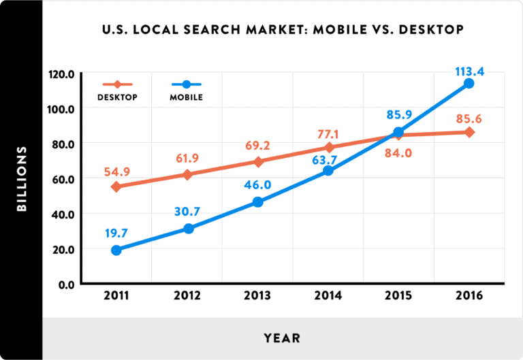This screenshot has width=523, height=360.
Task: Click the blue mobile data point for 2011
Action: (116, 250)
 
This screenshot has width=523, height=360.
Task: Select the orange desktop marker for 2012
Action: (187, 175)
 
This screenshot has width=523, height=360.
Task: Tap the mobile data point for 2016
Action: (469, 83)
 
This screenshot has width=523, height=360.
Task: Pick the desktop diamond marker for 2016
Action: (469, 131)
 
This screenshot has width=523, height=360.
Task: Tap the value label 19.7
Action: (116, 233)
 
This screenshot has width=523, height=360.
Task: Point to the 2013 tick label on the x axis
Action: (258, 297)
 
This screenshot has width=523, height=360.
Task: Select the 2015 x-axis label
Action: (398, 297)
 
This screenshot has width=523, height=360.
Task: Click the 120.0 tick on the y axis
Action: (61, 73)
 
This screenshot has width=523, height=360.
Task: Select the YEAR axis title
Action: (282, 338)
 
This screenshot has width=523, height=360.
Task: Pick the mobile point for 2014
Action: (328, 171)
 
